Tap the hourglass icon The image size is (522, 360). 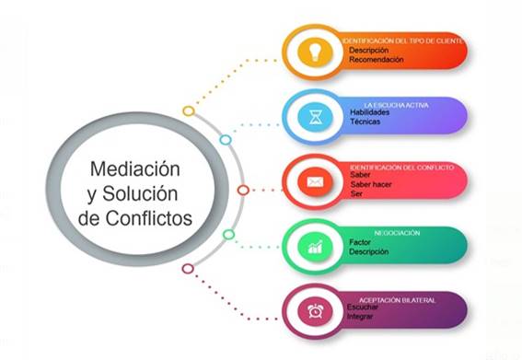coord(314,117)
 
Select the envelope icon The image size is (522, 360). coord(314,181)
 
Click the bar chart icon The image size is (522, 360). coord(314,246)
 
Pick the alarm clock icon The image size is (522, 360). coord(314,311)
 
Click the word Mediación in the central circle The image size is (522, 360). coord(135,169)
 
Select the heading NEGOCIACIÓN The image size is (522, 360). coord(397,233)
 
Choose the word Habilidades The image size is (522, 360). coord(370,112)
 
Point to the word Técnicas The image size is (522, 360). coord(365,122)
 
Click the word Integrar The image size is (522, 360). coord(362,317)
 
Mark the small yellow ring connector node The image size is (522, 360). coord(188,111)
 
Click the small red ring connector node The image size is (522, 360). coord(242,191)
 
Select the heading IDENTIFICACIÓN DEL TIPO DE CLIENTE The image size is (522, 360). coord(403,41)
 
